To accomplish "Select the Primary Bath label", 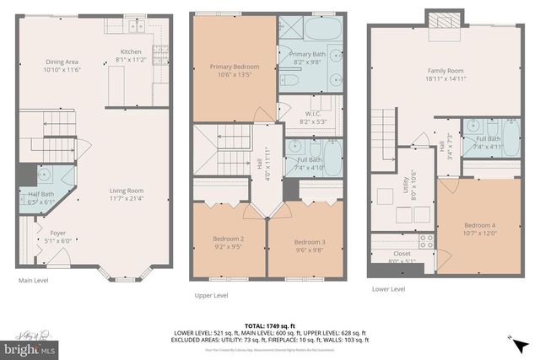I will click(319, 55).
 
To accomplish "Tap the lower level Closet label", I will click(402, 254).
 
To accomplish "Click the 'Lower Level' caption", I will click(388, 289).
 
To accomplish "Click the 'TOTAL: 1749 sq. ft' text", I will click(268, 325).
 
